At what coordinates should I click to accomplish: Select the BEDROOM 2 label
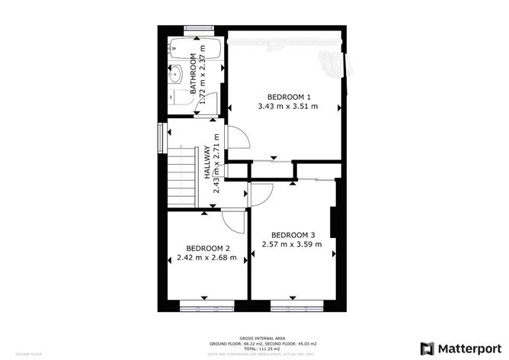(x=208, y=248)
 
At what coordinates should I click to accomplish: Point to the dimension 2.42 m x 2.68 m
(x=208, y=258)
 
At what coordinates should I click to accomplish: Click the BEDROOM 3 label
(x=293, y=234)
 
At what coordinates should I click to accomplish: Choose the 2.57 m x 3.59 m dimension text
(x=293, y=244)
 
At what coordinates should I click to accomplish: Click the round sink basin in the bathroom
(x=174, y=76)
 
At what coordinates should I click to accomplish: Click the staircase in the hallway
(x=182, y=177)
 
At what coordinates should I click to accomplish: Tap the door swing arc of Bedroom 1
(x=238, y=137)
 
